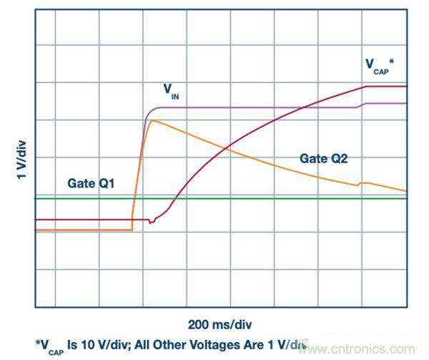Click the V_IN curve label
(170, 90)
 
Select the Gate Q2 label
(323, 159)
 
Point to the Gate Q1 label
(90, 184)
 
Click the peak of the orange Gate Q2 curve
(152, 121)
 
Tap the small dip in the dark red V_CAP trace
(150, 223)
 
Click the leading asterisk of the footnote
(37, 343)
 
